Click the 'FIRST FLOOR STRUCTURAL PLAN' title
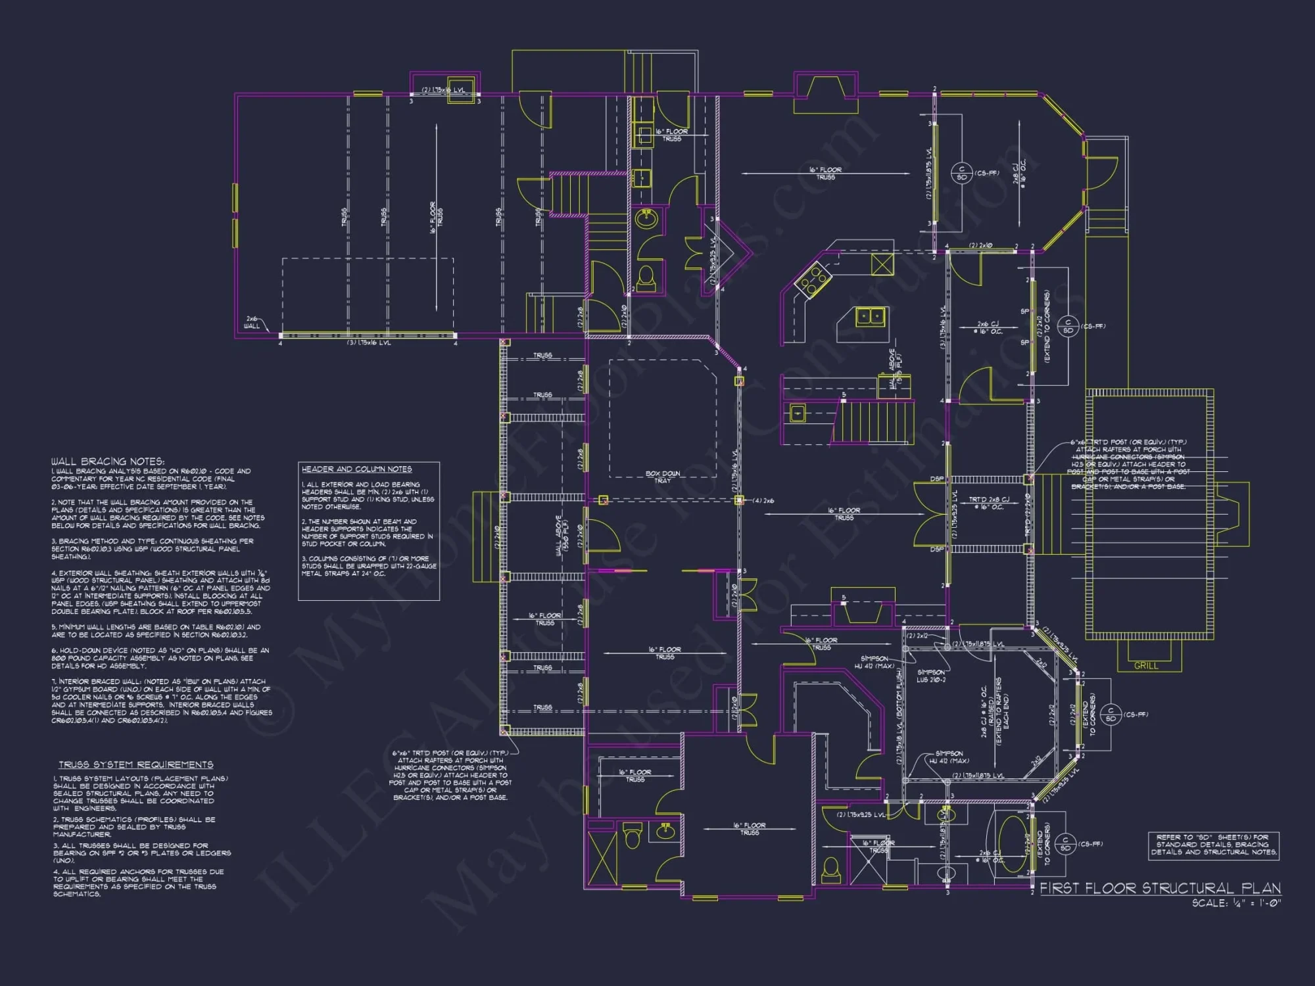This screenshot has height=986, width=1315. (1160, 888)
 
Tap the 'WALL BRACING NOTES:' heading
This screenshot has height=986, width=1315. (108, 461)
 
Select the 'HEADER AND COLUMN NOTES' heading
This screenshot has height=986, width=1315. (356, 469)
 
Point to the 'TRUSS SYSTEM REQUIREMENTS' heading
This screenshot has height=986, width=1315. (135, 764)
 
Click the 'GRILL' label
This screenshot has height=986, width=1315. (1146, 666)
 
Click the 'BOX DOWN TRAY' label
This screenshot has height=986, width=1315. (662, 477)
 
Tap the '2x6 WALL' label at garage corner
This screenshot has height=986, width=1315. (252, 322)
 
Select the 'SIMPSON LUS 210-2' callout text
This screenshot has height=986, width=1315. (931, 676)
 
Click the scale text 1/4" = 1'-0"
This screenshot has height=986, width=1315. (1236, 903)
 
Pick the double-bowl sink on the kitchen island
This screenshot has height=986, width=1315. (871, 317)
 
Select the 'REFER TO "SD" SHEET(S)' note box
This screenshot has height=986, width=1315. (1214, 845)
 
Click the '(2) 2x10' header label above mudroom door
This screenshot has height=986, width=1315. (981, 246)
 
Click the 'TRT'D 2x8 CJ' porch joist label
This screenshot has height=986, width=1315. (989, 503)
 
